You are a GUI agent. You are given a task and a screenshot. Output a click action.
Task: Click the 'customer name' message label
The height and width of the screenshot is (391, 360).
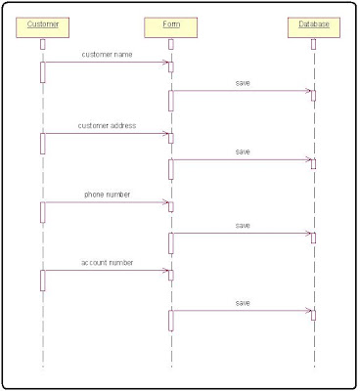[x=108, y=55]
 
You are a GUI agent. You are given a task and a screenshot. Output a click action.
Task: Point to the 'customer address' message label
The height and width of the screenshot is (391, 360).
[x=108, y=126]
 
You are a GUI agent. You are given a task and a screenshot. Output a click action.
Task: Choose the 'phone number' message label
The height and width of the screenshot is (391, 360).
[x=108, y=195]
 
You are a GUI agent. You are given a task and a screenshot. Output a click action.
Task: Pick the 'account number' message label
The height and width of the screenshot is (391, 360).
[x=108, y=263]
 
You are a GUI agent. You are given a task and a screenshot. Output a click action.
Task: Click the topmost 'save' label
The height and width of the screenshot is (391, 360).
[x=243, y=83]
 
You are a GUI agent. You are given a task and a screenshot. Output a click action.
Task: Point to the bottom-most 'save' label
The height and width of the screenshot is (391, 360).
[x=243, y=303]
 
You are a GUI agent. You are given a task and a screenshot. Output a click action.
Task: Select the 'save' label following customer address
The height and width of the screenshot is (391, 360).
[x=243, y=152]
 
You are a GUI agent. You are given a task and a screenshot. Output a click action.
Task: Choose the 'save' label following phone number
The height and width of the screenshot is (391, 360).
[x=243, y=226]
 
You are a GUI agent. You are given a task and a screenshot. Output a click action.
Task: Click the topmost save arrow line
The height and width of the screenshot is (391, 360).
[x=242, y=92]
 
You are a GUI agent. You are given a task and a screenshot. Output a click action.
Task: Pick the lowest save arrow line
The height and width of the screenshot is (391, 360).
[x=242, y=312]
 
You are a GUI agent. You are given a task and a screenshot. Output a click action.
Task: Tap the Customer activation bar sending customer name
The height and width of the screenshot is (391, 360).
[x=42, y=72]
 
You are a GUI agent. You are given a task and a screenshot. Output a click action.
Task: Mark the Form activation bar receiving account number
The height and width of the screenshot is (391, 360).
[x=170, y=275]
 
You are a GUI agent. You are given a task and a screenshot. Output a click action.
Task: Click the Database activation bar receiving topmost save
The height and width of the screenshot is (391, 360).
[x=313, y=95]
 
